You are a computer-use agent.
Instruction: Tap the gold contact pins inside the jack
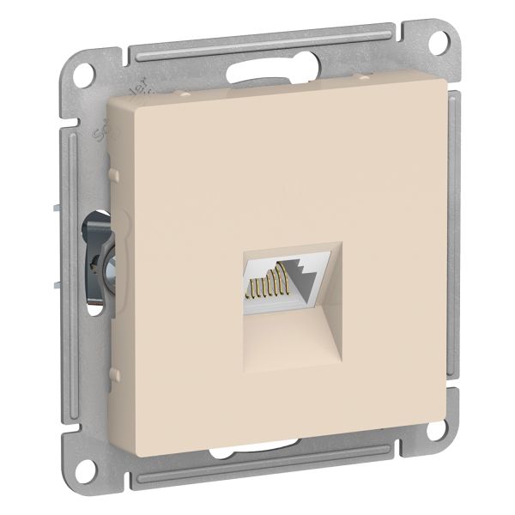point(267,283)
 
